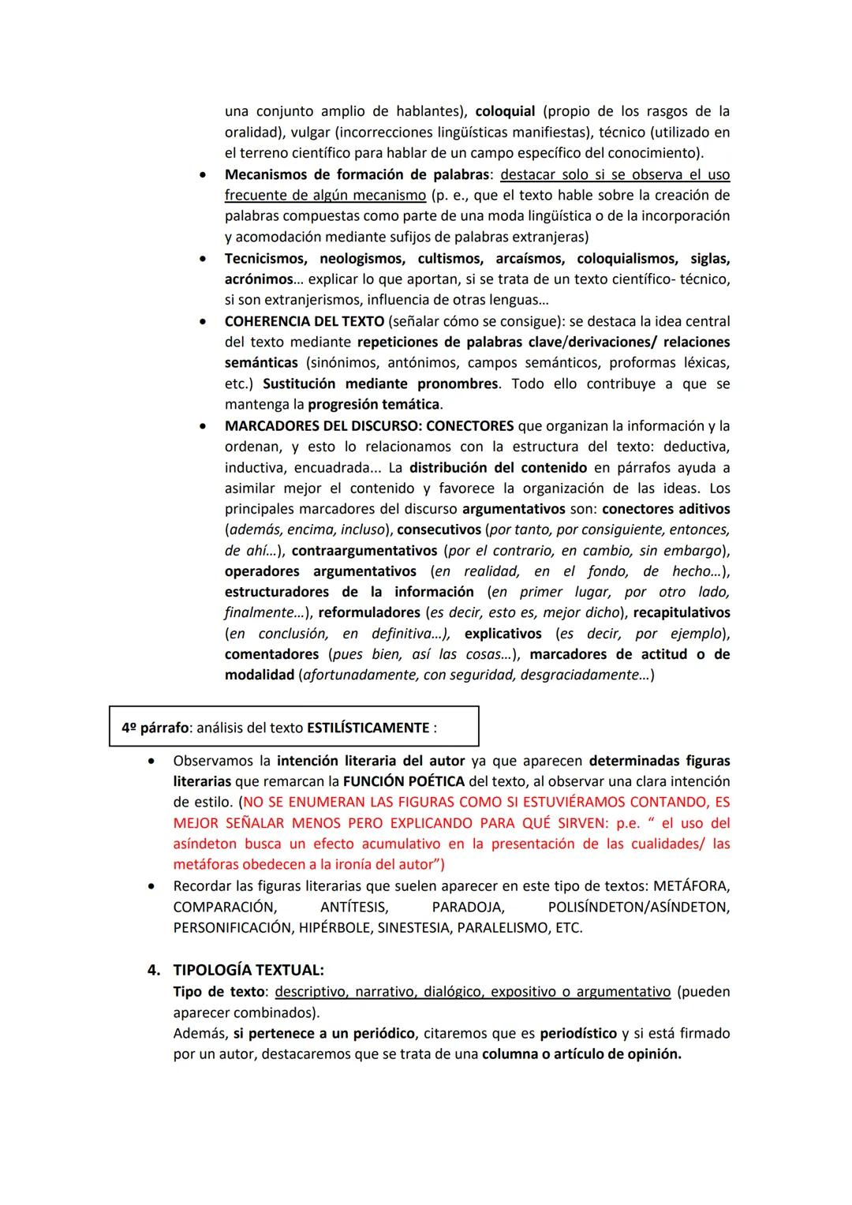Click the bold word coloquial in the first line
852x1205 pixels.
[505, 111]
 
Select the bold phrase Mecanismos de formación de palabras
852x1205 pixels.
[357, 174]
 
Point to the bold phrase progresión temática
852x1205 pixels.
[373, 405]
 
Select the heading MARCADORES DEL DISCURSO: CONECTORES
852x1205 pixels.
[368, 426]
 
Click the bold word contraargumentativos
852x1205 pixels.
[364, 551]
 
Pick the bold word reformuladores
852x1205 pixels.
[369, 613]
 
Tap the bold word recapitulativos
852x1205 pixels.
[682, 613]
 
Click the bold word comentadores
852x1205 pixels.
[271, 654]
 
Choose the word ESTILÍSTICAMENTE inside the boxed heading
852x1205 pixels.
[368, 728]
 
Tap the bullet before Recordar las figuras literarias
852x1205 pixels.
[151, 887]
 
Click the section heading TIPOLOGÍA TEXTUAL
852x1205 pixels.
[248, 970]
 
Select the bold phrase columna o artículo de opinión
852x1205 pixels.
[581, 1054]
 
